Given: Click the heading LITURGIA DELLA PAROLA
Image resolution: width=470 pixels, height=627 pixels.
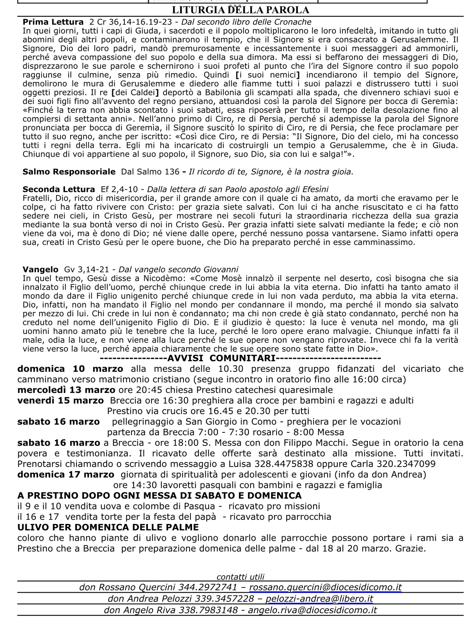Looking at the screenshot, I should tap(241, 10).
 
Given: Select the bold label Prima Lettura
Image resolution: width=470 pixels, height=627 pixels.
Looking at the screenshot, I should tap(53, 22).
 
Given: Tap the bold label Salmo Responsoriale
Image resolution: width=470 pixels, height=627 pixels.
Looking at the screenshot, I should tap(69, 172).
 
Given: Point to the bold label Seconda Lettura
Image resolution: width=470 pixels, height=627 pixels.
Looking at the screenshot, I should tap(59, 190).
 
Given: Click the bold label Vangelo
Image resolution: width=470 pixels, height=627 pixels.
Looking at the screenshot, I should tap(40, 269).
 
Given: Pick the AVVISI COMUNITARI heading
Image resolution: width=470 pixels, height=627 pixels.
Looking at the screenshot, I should tap(221, 358).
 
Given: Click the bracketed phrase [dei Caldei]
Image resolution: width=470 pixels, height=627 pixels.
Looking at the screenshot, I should tap(136, 93).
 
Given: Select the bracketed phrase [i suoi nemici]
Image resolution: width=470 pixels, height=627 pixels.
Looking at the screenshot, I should tap(268, 75).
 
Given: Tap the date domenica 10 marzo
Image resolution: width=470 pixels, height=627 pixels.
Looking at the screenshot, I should tap(70, 369).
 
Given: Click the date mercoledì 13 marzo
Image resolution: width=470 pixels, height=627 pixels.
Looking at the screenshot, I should tap(66, 390).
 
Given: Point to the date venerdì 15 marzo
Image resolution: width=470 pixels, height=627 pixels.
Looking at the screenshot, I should tap(60, 401).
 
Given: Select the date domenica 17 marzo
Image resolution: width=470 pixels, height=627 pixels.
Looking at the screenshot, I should tap(66, 475).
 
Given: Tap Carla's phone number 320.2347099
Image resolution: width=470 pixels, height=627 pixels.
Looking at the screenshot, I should tap(406, 464).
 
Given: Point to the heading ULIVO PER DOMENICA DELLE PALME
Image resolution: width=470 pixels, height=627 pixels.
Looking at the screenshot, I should tap(108, 527).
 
